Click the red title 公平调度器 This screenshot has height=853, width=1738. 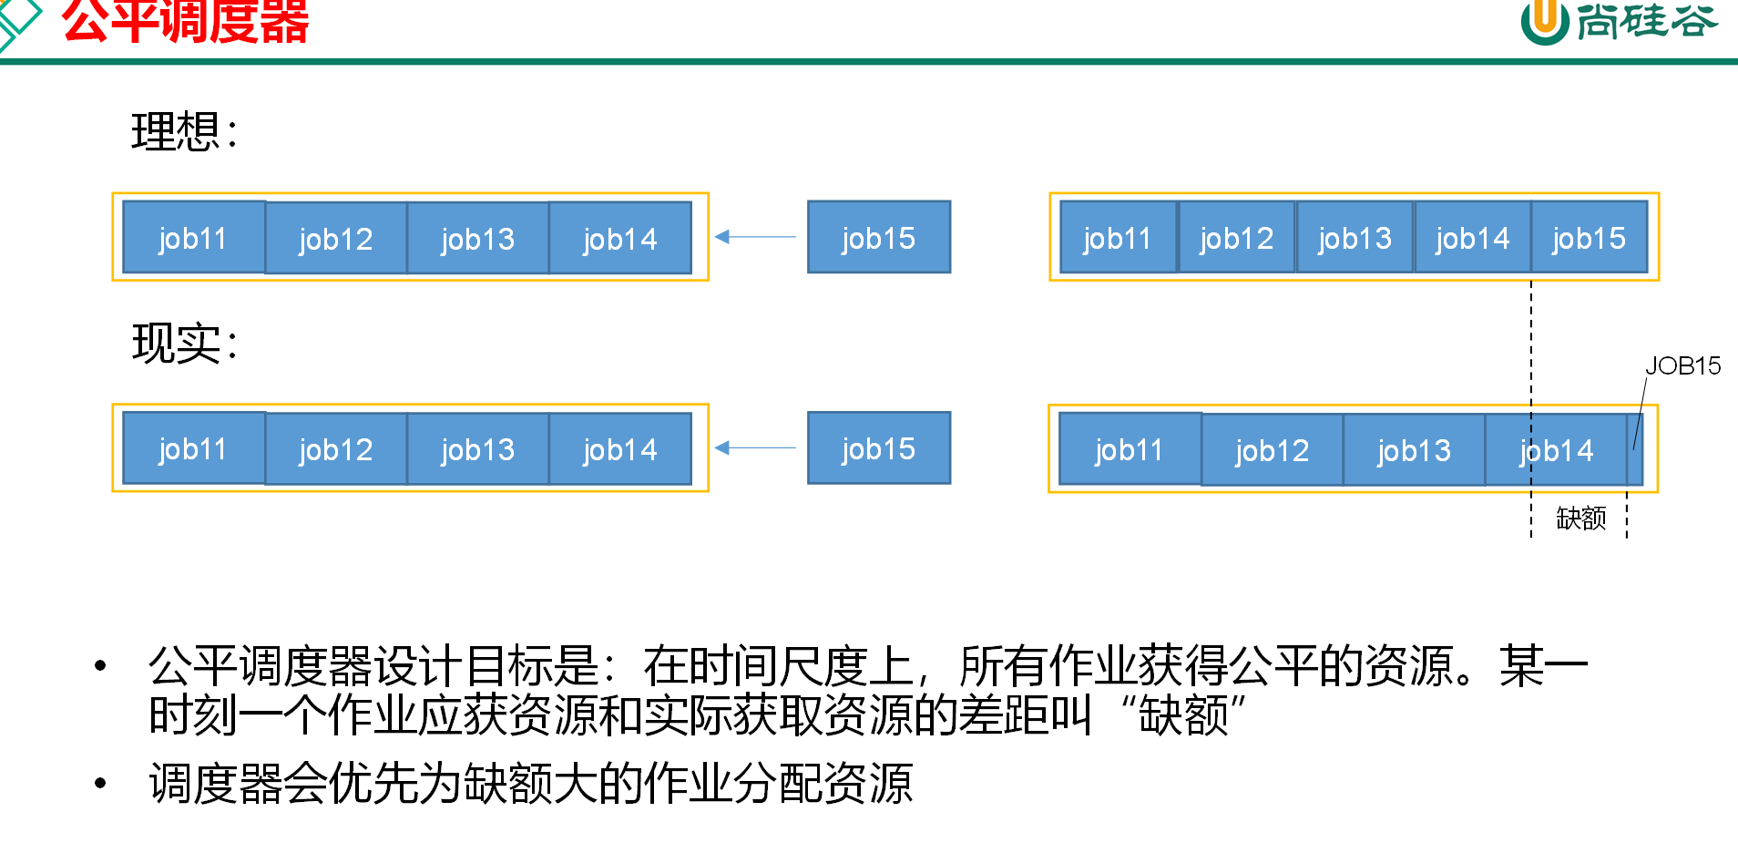point(186,22)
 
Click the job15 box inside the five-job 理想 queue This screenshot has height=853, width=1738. point(1590,238)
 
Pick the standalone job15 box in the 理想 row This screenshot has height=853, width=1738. point(878,238)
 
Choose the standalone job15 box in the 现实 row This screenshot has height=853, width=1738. point(878,448)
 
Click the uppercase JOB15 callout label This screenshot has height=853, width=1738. point(1682,366)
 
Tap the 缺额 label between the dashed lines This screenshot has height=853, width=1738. point(1580,519)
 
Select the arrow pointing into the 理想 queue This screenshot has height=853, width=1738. point(754,237)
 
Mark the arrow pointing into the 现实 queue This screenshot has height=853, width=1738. point(754,447)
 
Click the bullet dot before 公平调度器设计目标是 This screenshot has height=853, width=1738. point(100,666)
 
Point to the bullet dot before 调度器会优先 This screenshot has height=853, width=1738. point(100,783)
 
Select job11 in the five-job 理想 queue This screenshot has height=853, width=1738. point(1118,238)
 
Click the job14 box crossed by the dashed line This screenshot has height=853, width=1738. point(1556,450)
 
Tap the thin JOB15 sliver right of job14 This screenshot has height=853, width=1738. point(1635,450)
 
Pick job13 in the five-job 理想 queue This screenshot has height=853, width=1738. point(1355,238)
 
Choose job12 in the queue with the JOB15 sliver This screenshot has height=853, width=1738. point(1272,450)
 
